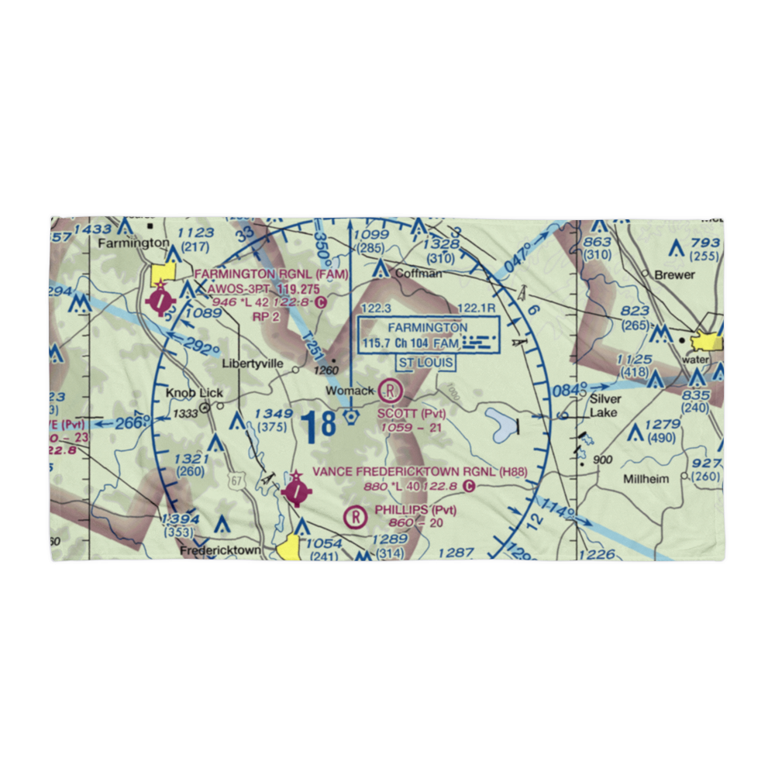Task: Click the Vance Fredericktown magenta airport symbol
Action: click(296, 490)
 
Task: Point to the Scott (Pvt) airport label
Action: click(412, 413)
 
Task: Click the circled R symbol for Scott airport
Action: click(391, 390)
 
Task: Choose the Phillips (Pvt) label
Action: click(415, 509)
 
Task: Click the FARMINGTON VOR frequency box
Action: click(429, 335)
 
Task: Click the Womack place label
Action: click(350, 391)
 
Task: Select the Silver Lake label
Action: click(604, 406)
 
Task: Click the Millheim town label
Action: click(646, 479)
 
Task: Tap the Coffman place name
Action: click(418, 274)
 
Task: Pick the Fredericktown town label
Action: click(220, 550)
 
